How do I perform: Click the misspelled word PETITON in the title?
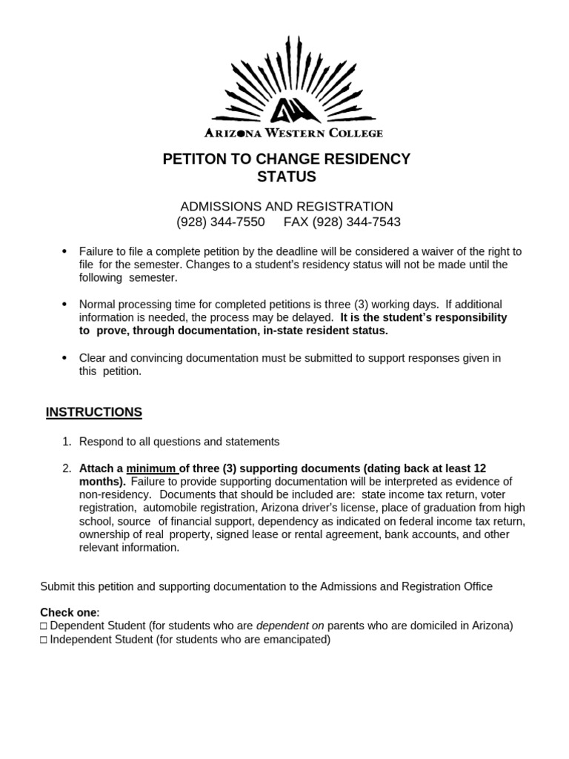(x=201, y=159)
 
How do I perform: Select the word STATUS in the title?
(x=286, y=176)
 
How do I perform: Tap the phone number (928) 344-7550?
(x=220, y=222)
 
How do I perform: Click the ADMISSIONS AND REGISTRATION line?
(x=286, y=206)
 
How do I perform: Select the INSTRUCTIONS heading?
(x=94, y=412)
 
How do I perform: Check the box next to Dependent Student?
(x=44, y=626)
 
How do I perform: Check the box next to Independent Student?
(x=44, y=640)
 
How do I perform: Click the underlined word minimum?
(x=151, y=468)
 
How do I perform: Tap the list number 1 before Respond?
(x=67, y=442)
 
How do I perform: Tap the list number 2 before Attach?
(x=67, y=468)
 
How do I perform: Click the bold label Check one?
(x=68, y=612)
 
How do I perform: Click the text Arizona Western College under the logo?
(x=293, y=133)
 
